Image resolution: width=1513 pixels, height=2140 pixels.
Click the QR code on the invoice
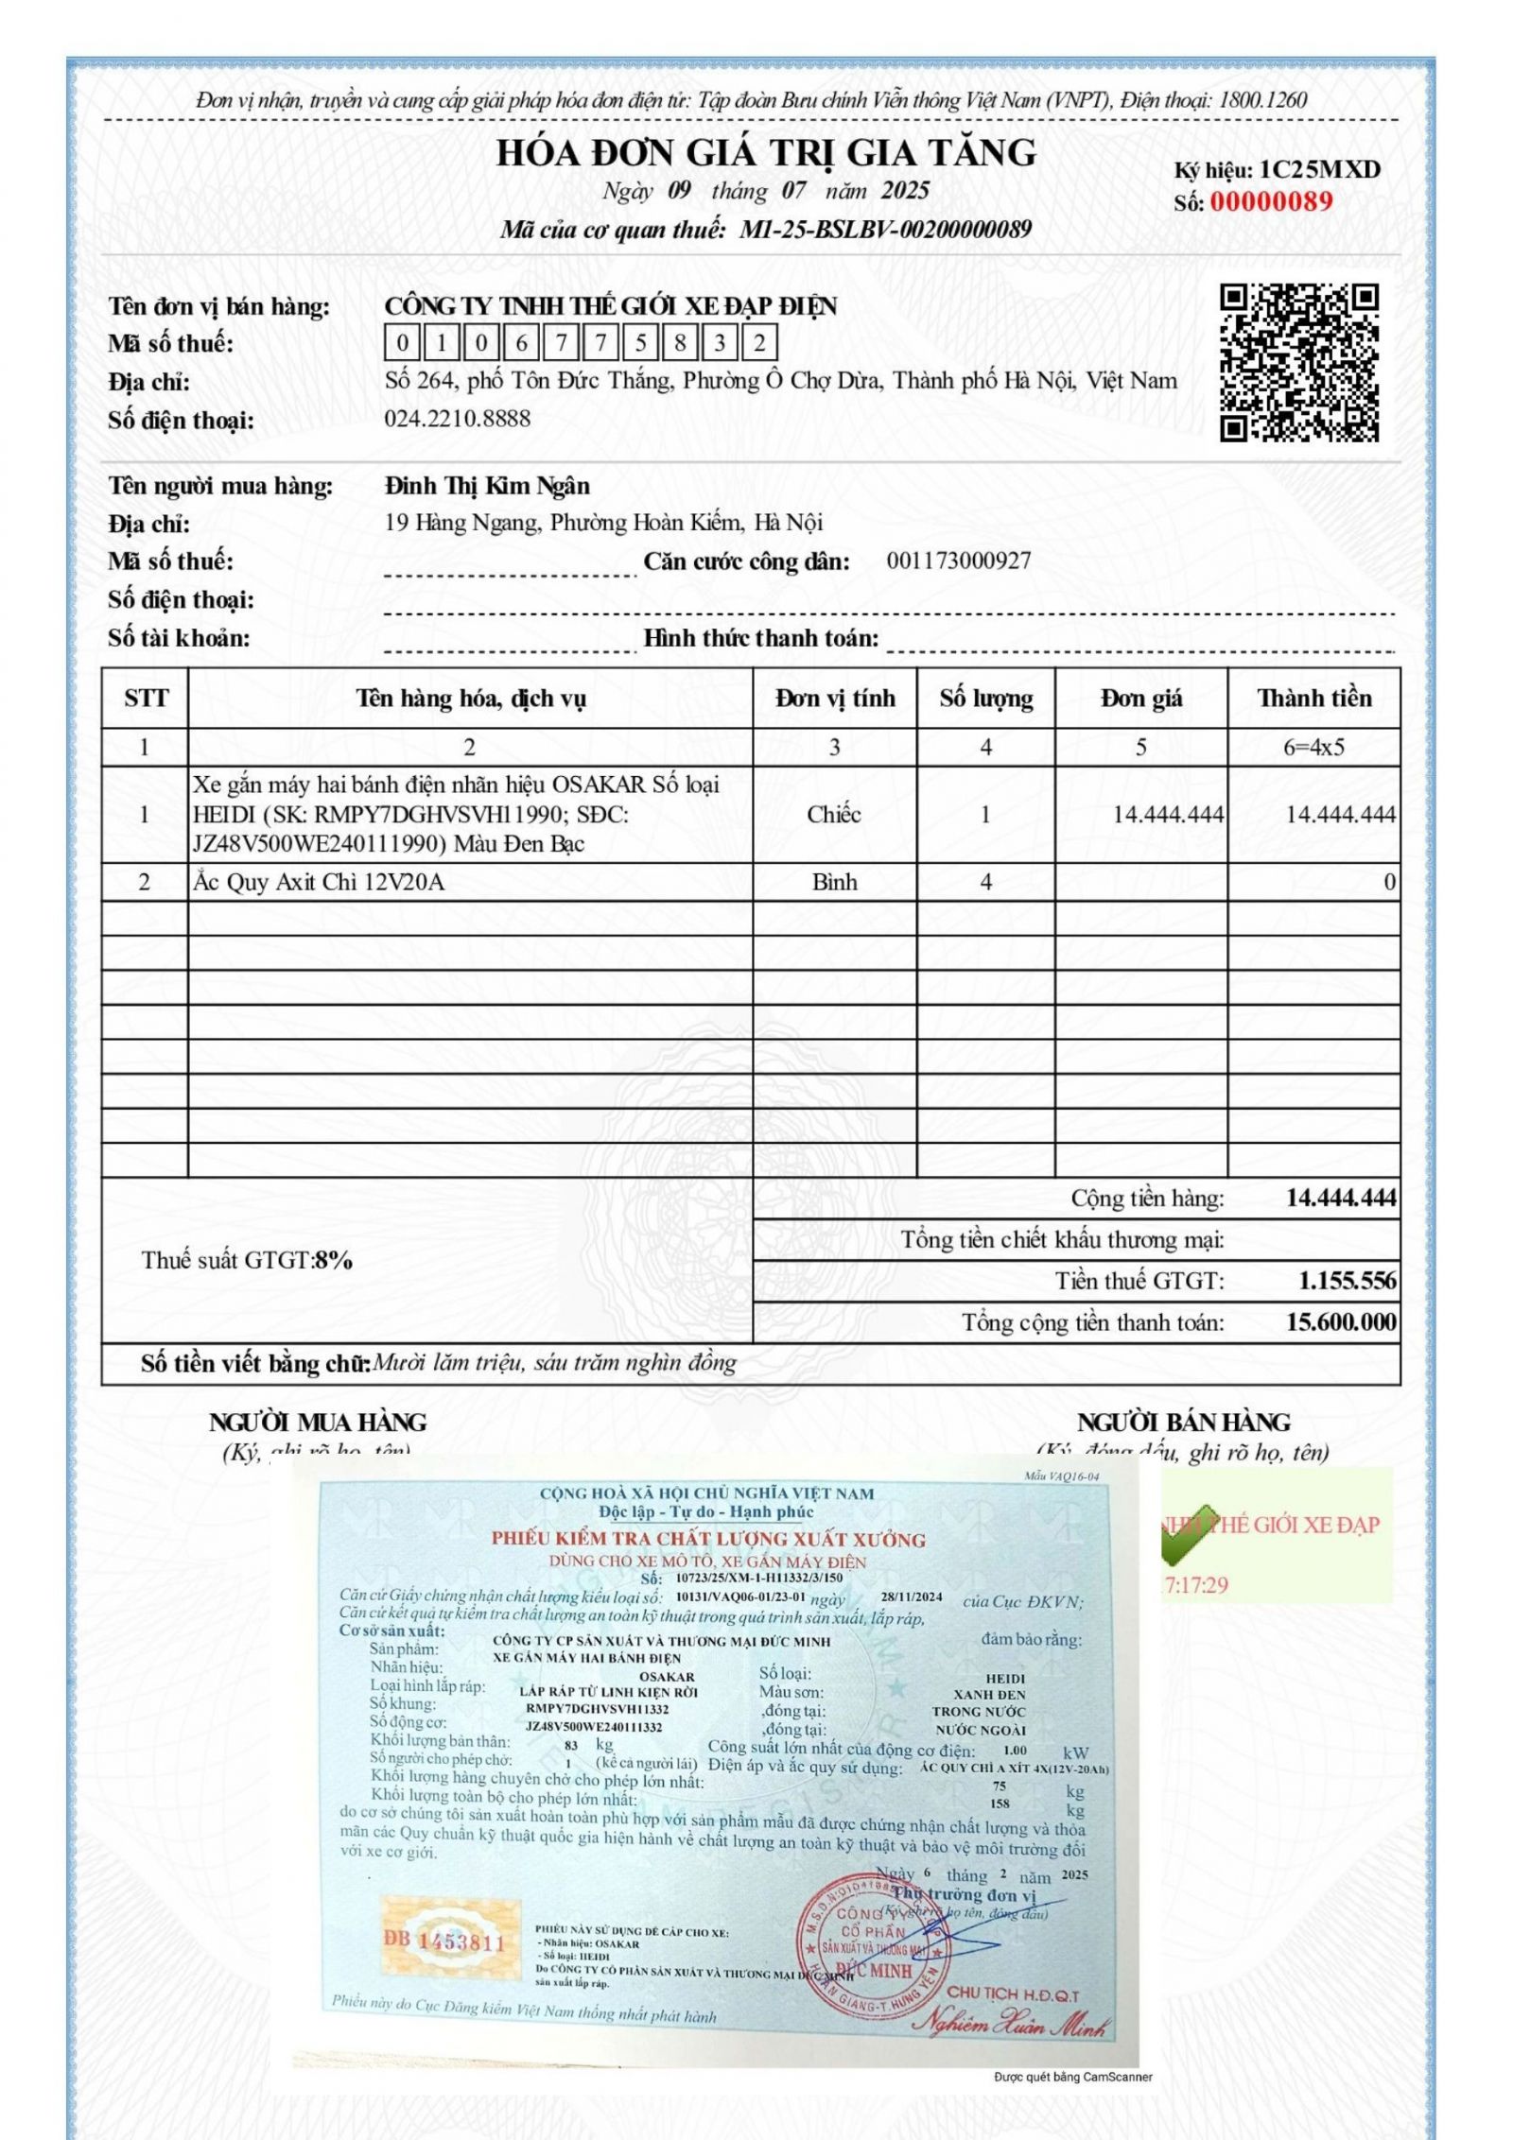pos(1298,362)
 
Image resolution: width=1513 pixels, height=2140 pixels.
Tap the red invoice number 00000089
pos(1271,201)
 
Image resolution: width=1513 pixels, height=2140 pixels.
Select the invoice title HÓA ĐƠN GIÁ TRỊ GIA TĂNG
pos(766,152)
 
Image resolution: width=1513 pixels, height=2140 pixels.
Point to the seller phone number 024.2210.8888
pos(458,419)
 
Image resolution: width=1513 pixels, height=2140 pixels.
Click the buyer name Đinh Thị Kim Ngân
pos(487,486)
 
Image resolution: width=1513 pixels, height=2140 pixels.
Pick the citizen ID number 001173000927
pos(958,561)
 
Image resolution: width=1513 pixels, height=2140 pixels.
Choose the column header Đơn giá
pos(1140,699)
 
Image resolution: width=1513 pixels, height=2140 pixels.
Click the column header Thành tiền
pos(1313,699)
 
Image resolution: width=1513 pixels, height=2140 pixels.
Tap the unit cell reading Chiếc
pos(833,814)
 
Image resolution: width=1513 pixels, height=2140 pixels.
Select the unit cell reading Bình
pos(833,882)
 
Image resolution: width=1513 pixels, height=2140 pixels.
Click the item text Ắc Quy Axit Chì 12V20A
pos(319,882)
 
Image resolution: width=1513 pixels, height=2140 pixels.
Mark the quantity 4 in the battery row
pos(985,882)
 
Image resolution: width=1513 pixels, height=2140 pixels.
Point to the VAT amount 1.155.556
pos(1347,1281)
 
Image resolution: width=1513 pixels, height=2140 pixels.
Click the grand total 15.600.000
pos(1340,1321)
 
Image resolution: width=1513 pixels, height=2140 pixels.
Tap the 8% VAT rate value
pos(334,1260)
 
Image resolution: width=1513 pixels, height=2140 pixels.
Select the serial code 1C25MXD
pos(1320,170)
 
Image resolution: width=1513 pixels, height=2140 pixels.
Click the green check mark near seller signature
pos(1188,1532)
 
